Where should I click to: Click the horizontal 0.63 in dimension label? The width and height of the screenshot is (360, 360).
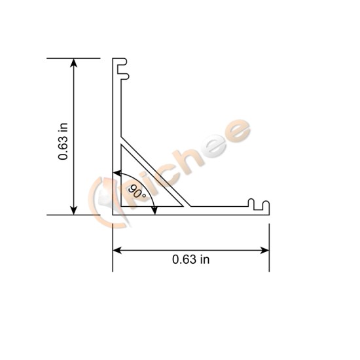[191, 259]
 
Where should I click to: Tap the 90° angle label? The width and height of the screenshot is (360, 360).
[137, 192]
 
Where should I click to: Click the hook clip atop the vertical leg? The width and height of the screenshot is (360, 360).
[121, 68]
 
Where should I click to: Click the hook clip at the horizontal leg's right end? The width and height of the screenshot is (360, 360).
[261, 205]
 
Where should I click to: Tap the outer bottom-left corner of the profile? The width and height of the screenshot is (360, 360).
[113, 213]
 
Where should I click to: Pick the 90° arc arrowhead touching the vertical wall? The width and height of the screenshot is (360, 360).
[117, 174]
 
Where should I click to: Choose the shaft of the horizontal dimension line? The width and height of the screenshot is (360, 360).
[191, 249]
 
